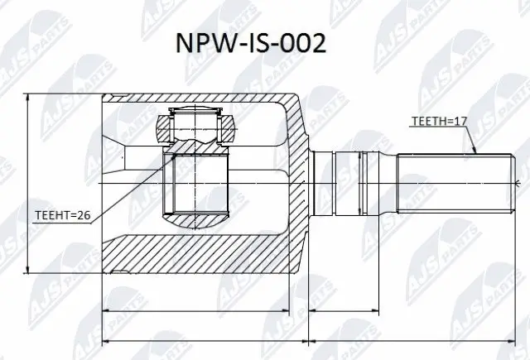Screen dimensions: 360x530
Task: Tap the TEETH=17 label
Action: click(440, 122)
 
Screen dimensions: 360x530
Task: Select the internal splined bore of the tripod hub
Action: click(197, 184)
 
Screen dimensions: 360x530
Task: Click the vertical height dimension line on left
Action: click(29, 184)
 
